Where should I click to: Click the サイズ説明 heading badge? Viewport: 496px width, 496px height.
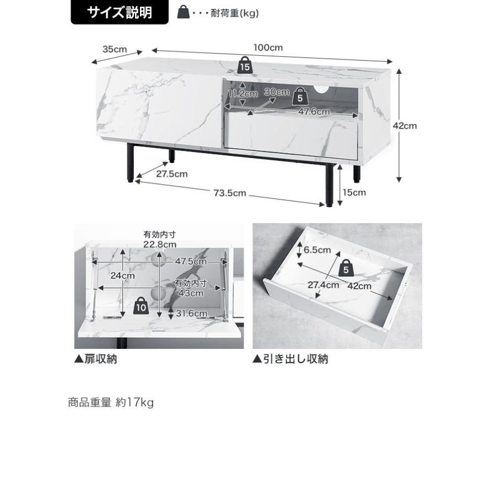click(x=120, y=12)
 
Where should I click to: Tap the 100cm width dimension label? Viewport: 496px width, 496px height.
click(x=268, y=48)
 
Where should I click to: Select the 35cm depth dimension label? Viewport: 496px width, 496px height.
click(x=115, y=50)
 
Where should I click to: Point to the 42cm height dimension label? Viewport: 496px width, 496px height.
click(x=405, y=126)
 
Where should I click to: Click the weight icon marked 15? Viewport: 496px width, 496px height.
click(x=245, y=66)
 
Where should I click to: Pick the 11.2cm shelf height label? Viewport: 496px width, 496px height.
click(x=243, y=94)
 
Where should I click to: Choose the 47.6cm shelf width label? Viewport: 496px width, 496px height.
click(x=314, y=112)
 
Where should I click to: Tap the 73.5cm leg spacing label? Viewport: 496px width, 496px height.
click(x=230, y=193)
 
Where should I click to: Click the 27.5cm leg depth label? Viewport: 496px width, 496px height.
click(x=172, y=174)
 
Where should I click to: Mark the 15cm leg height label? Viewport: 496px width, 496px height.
click(x=354, y=193)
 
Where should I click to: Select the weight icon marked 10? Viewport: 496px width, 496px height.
click(x=141, y=306)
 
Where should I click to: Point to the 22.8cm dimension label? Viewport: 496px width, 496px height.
click(x=160, y=245)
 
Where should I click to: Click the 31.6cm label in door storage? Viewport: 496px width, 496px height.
click(x=191, y=314)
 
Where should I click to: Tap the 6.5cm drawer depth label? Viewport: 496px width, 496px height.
click(x=317, y=250)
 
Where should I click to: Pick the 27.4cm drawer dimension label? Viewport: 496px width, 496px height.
click(x=324, y=285)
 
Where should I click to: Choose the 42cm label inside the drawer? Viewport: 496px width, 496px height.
click(x=359, y=286)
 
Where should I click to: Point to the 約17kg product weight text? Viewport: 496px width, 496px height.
click(x=135, y=403)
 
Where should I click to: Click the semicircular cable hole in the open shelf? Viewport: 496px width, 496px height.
click(x=321, y=89)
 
